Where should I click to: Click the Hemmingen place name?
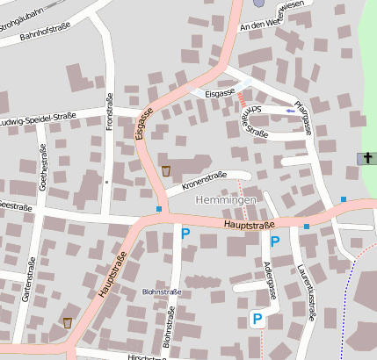click(224, 201)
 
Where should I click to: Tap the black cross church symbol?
click(366, 158)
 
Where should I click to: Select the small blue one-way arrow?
click(291, 111)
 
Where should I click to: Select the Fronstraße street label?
click(111, 113)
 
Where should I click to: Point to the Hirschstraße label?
click(146, 356)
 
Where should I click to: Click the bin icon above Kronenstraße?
click(165, 169)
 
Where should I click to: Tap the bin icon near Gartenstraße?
click(68, 323)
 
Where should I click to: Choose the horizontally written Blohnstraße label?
click(161, 292)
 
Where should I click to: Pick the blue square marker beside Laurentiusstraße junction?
click(307, 227)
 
